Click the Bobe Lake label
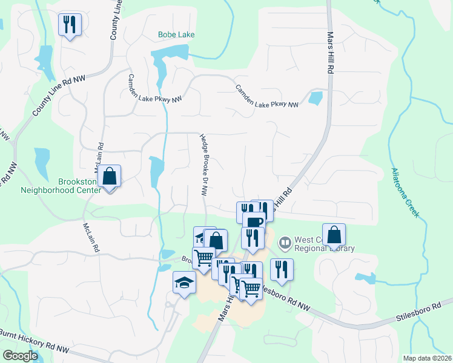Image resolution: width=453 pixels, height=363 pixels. pyautogui.click(x=176, y=35)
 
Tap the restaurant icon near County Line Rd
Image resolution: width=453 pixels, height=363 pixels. pyautogui.click(x=69, y=25)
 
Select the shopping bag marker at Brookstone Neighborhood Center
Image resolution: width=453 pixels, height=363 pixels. pyautogui.click(x=110, y=177)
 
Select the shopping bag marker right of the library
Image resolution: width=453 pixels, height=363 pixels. pyautogui.click(x=334, y=235)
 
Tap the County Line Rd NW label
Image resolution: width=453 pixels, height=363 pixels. pyautogui.click(x=59, y=97)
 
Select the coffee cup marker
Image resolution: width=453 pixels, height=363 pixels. pyautogui.click(x=254, y=221)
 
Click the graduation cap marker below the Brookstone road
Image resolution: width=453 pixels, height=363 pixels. pyautogui.click(x=184, y=283)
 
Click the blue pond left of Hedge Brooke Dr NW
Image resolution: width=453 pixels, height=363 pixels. pyautogui.click(x=156, y=170)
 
